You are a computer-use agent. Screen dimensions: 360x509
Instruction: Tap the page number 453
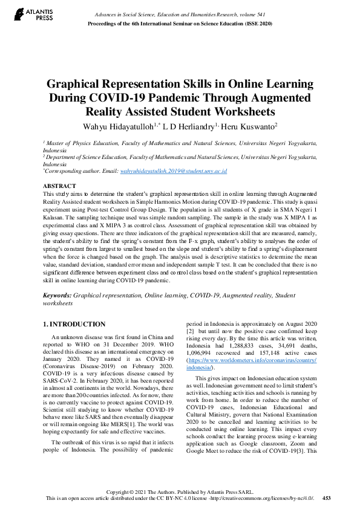point(327,498)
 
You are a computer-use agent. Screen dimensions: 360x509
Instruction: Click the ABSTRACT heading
point(60,186)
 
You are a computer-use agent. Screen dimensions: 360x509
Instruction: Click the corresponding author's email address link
point(173,172)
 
